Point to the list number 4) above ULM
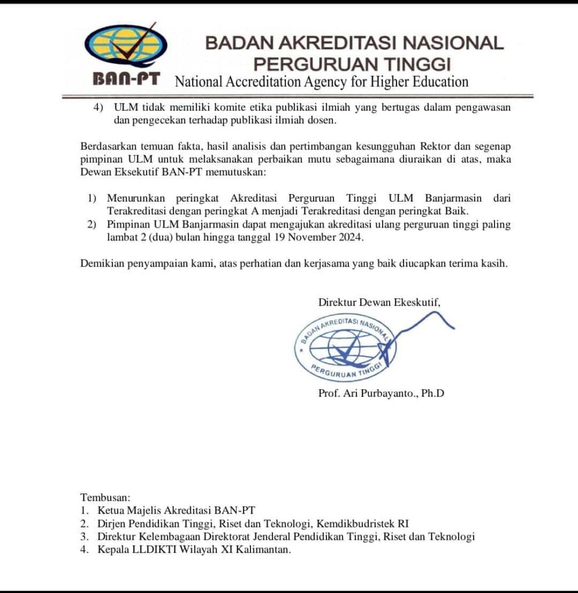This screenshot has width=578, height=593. [99, 108]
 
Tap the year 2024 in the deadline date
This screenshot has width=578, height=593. [352, 237]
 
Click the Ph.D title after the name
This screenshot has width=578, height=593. [432, 394]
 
